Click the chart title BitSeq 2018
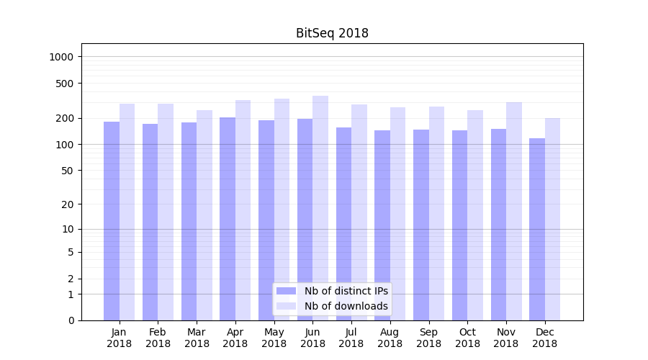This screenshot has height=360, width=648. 332,33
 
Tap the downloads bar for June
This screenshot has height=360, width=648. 320,208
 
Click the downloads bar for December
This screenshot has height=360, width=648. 552,219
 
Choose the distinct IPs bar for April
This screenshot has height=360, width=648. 228,219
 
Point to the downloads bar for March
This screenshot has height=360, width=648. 204,215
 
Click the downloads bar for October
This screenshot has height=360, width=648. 475,215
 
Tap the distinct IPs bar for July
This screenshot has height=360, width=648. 343,224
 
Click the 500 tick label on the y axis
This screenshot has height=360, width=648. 66,84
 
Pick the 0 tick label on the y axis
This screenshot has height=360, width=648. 71,320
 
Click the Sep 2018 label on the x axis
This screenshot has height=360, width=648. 428,338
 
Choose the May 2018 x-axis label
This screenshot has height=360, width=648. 274,338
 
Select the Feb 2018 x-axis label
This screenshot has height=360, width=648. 158,338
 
